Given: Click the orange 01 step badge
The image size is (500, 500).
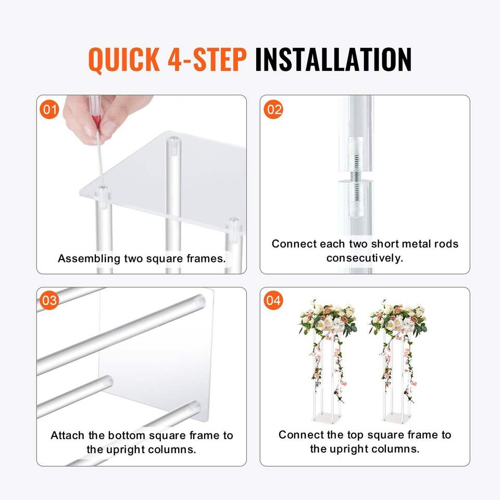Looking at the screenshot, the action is click(49, 109).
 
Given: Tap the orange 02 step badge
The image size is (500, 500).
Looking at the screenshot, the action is click(273, 109).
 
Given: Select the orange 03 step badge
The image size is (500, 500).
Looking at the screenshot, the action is click(49, 300).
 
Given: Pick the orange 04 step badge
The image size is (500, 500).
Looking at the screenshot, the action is click(273, 300).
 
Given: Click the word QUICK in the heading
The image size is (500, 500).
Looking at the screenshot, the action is click(124, 59).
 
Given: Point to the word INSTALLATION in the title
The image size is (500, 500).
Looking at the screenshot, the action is click(333, 59).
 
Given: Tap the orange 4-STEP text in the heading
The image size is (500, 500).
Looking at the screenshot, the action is click(207, 59).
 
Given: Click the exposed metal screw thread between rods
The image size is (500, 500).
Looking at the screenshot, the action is click(356, 176).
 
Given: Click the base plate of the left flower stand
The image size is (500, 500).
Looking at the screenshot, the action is click(327, 417).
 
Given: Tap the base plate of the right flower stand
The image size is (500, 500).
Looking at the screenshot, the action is click(397, 417).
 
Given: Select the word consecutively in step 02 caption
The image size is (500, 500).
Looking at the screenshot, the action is click(365, 258).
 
